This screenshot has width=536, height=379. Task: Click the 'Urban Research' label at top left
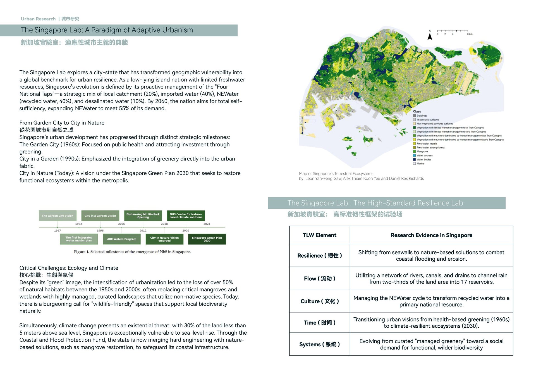point(38,19)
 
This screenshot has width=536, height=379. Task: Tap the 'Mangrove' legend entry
point(422,152)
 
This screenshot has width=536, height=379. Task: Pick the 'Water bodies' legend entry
point(424,160)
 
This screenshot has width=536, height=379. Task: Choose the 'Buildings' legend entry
point(422,116)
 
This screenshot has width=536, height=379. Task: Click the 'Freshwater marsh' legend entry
point(427,143)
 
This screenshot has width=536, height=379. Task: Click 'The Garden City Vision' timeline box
point(58,216)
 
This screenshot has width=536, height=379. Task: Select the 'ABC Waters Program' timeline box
point(122,239)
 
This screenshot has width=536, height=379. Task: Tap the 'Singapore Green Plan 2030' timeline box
point(207,239)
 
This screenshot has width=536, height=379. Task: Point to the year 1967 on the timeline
point(58,231)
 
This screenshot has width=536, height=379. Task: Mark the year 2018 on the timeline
point(164,224)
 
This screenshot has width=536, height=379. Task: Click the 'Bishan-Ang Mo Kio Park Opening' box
point(143,216)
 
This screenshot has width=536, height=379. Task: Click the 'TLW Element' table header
point(320,235)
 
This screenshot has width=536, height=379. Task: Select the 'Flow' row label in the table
point(320,279)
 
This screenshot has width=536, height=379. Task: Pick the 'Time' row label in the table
point(320,323)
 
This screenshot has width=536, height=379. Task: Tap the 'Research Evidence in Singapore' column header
point(431,235)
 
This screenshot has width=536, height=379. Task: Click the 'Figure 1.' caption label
point(82,252)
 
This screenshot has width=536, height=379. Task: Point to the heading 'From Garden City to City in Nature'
point(62,123)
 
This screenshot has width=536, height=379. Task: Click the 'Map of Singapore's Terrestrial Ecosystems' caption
point(336,174)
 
